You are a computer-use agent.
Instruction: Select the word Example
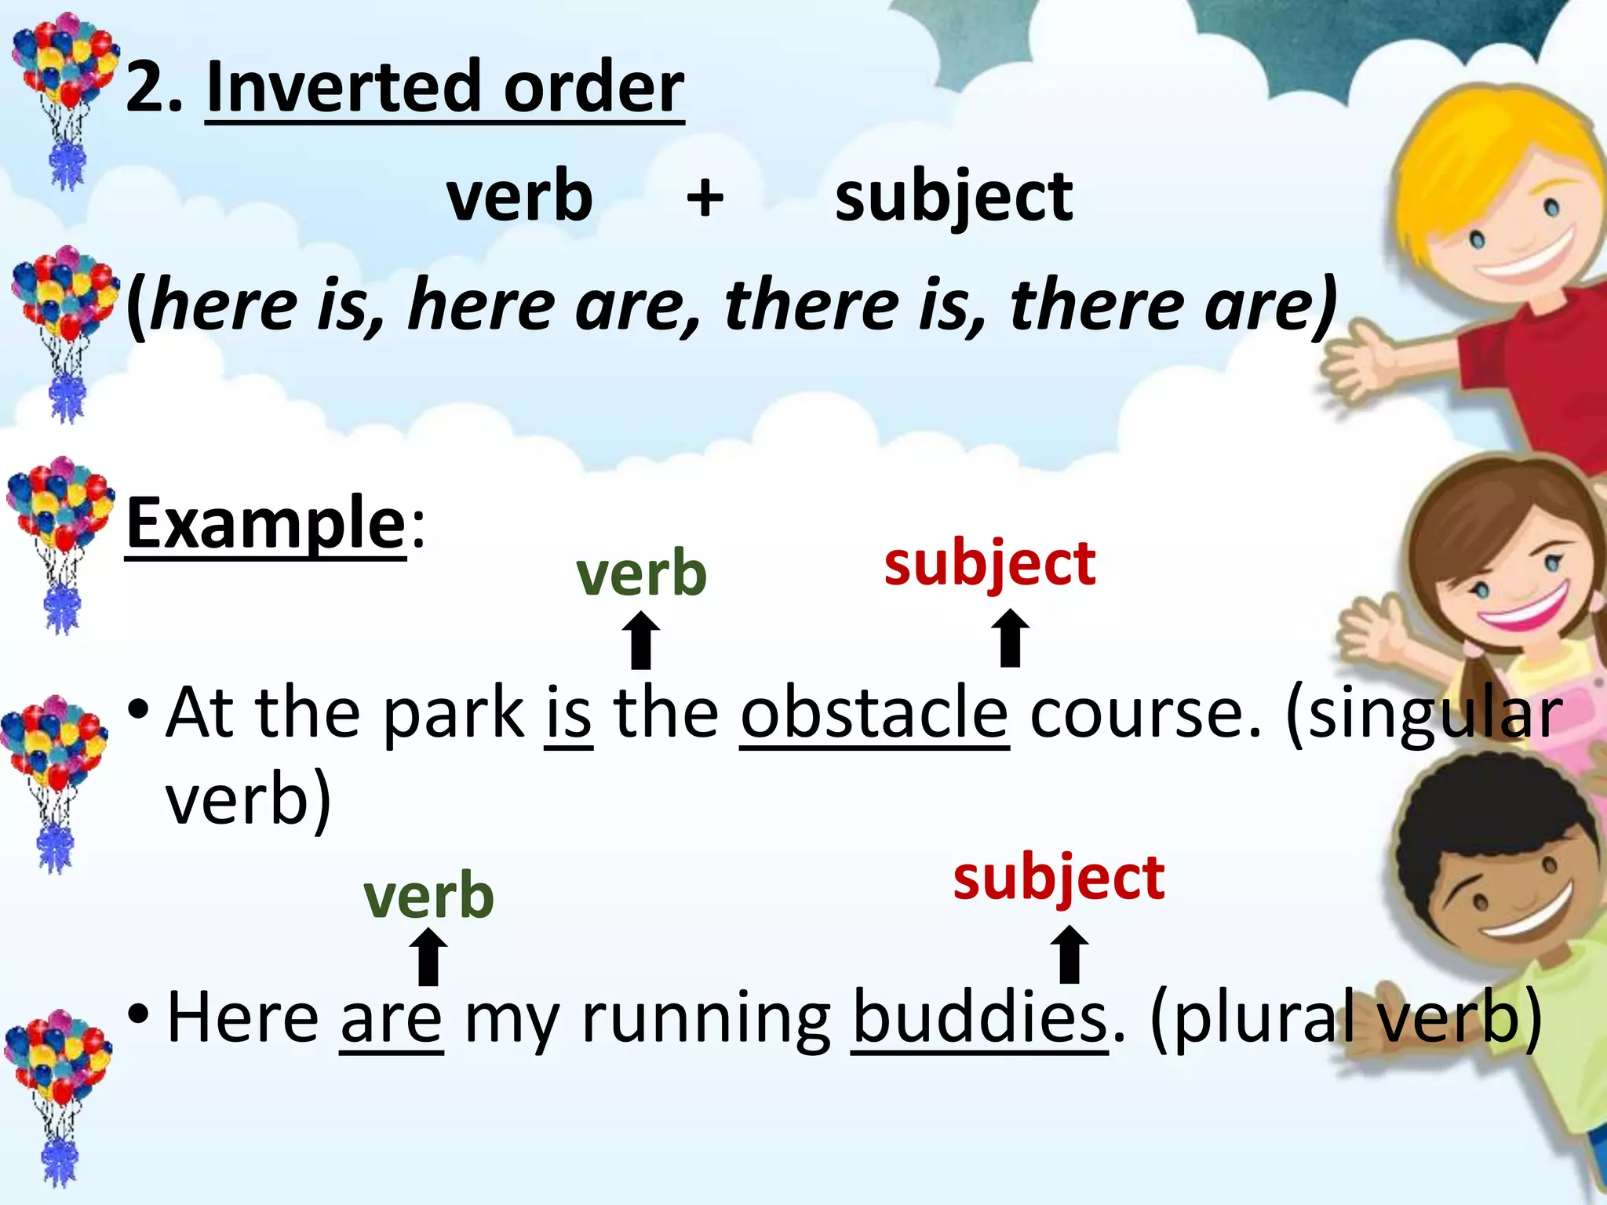point(265,524)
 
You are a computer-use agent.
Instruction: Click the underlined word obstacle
point(874,714)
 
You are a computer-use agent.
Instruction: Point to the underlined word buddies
point(979,1018)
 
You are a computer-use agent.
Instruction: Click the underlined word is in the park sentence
point(568,714)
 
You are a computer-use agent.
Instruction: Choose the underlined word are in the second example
point(392,1018)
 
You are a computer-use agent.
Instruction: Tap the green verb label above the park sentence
point(641,573)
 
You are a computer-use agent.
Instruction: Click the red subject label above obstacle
point(989,565)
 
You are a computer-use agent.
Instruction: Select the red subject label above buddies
point(1059,879)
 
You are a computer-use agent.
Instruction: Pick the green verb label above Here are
point(428,896)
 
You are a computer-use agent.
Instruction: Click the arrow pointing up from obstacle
point(1010,639)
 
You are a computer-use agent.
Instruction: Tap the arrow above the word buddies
point(1070,955)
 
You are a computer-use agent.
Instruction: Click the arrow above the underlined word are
point(428,957)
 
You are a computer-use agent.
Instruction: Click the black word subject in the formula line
point(953,198)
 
